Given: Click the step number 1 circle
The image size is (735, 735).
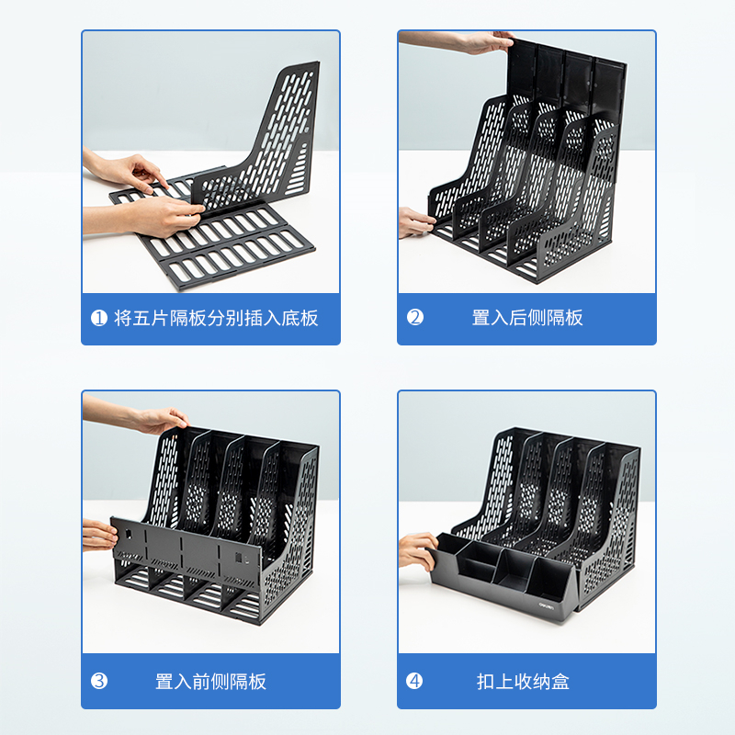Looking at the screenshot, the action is tap(99, 318).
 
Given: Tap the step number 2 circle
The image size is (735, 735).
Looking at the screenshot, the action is tap(415, 317).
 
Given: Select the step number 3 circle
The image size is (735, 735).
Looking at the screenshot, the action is tap(99, 681).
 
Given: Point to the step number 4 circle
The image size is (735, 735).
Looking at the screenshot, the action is tap(414, 681).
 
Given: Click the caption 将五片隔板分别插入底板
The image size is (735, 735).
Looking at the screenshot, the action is tap(216, 318).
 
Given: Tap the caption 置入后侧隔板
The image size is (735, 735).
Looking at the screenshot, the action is tap(527, 317).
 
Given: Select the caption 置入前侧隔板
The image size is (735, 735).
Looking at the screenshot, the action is tap(211, 681).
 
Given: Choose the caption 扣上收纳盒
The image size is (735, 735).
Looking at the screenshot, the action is tap(523, 681).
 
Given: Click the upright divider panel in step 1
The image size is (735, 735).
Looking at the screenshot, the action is tap(263, 141).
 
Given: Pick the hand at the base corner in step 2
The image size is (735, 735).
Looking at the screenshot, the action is tap(416, 222).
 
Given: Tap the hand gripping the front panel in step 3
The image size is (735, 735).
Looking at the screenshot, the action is tap(98, 535).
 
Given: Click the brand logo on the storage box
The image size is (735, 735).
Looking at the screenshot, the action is tap(546, 605).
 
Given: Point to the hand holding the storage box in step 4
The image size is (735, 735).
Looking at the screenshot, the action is tap(417, 551).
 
